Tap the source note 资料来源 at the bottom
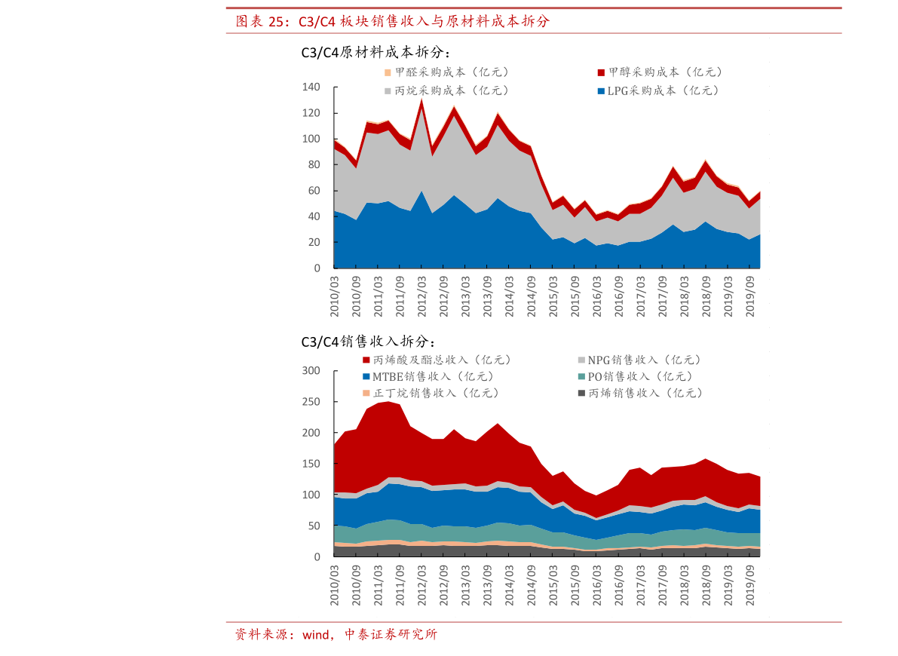(x=336, y=634)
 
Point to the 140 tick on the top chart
(x=311, y=87)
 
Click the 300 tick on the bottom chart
(x=311, y=370)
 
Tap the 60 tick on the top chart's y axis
(x=314, y=191)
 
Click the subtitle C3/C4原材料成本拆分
(x=375, y=53)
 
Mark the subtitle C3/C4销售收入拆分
(x=368, y=342)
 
